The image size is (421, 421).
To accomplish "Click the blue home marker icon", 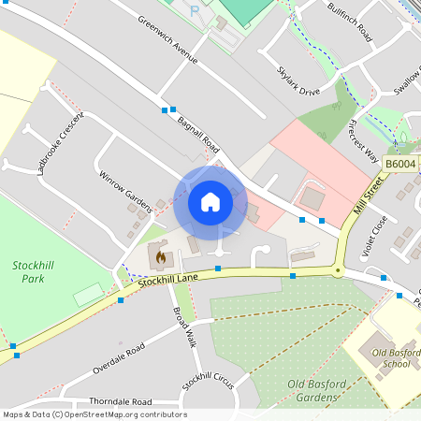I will [x=210, y=202].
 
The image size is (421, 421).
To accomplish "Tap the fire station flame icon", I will [x=160, y=255].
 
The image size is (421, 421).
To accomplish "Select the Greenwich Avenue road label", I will [x=168, y=39].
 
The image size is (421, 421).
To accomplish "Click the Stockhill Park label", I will [x=34, y=272].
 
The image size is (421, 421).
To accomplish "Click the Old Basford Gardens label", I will [x=312, y=391].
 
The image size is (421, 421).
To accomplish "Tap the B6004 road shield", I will [x=399, y=164].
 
